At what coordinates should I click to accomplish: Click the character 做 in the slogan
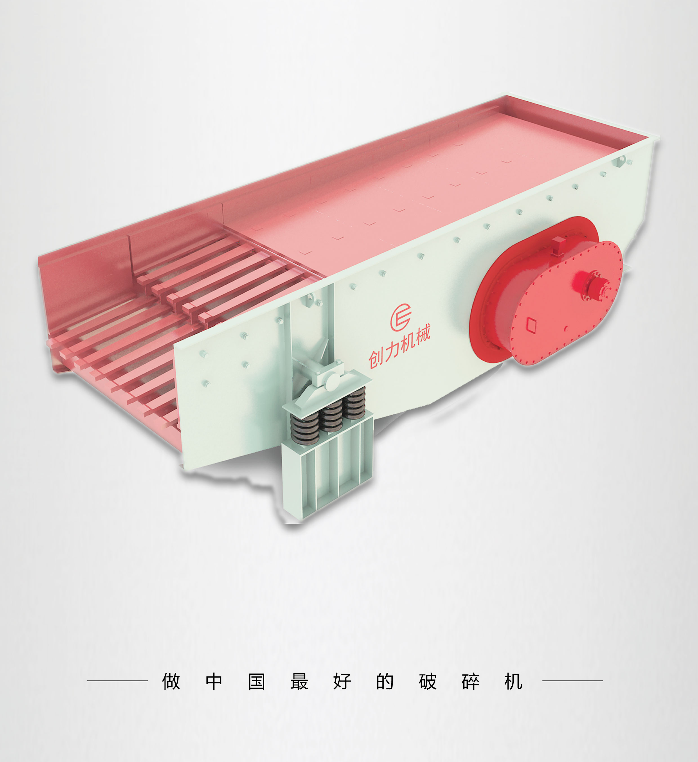(x=171, y=681)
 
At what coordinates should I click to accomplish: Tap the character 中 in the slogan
(x=214, y=681)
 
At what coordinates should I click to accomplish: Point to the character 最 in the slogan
(x=299, y=681)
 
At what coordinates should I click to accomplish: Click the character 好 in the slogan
(x=342, y=681)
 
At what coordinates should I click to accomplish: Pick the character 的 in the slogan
(x=385, y=681)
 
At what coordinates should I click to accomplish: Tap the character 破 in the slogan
(x=428, y=681)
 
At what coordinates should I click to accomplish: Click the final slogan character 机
(x=513, y=681)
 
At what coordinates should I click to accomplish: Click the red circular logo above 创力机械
(x=401, y=317)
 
